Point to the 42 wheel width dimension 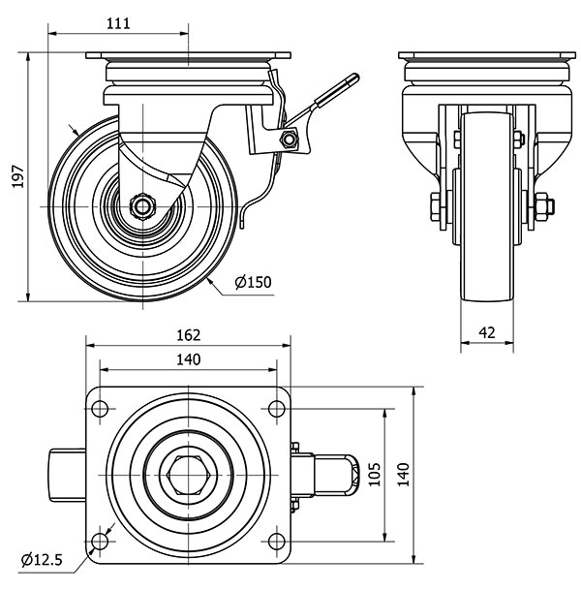[x=487, y=331]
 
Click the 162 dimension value [x=189, y=335]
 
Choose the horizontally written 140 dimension [x=188, y=359]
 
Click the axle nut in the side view [x=141, y=206]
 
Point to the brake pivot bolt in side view [x=288, y=140]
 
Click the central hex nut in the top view [x=188, y=473]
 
